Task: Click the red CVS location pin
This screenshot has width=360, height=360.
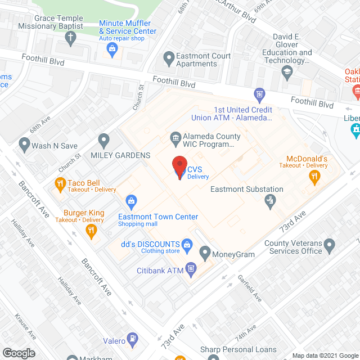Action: coord(179,166)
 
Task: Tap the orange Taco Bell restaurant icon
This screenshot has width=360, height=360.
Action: coord(59,183)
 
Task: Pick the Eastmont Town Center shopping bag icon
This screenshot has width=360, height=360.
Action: coord(131,201)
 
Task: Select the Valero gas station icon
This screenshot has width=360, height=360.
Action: coord(133,339)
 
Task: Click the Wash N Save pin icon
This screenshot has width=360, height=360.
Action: coord(24,145)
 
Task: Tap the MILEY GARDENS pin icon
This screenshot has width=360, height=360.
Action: coord(103,139)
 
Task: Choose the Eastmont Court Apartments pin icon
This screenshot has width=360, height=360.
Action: coord(168,57)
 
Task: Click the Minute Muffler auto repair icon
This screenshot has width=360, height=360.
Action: coord(112,49)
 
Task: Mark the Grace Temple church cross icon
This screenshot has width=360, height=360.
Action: coord(70,38)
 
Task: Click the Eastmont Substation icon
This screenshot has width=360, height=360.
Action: coord(271,200)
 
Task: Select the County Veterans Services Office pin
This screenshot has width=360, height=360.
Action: coord(330,245)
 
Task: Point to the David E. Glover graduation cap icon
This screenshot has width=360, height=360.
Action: coord(287,71)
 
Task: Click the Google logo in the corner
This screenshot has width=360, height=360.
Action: coord(19,353)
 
